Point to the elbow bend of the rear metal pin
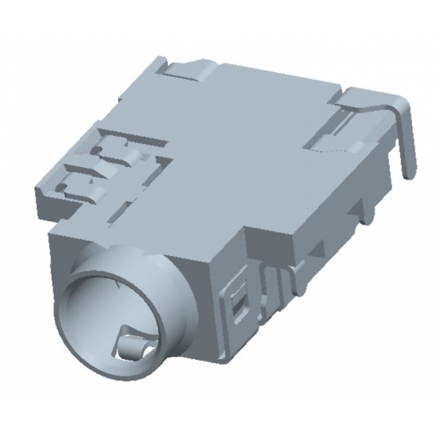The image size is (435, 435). pos(400,105)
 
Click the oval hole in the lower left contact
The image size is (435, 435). pos(65,187)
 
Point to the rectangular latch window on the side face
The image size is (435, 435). pos(239,302)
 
